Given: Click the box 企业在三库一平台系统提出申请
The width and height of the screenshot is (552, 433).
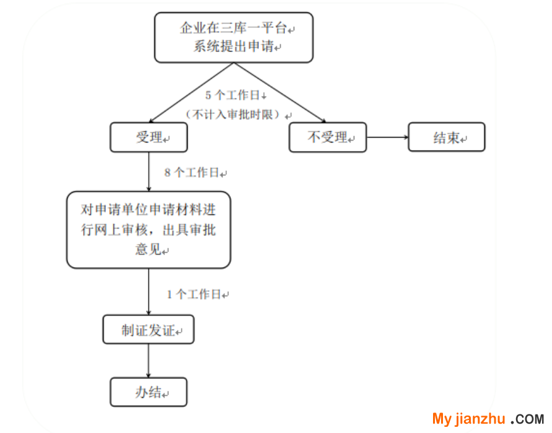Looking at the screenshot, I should pyautogui.click(x=234, y=37).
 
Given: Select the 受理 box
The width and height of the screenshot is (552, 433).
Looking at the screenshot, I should pyautogui.click(x=149, y=138).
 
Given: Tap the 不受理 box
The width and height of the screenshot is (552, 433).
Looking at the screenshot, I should pyautogui.click(x=328, y=137).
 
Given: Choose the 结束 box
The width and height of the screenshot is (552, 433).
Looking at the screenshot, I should pyautogui.click(x=446, y=138).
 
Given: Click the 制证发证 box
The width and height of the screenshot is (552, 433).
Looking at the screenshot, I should pyautogui.click(x=149, y=330).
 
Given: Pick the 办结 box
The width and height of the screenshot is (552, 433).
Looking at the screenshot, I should pyautogui.click(x=149, y=391).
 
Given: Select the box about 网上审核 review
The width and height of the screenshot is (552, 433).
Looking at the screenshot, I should pyautogui.click(x=149, y=230).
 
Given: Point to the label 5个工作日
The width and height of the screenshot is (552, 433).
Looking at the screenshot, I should pyautogui.click(x=235, y=95).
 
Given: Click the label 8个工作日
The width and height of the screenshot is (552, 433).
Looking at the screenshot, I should pyautogui.click(x=195, y=173).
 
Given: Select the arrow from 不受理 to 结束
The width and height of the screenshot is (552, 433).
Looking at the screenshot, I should pyautogui.click(x=387, y=137).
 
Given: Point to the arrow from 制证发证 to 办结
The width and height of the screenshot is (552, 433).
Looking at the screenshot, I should pyautogui.click(x=149, y=361).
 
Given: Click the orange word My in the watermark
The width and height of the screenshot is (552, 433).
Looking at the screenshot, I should pyautogui.click(x=442, y=419).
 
